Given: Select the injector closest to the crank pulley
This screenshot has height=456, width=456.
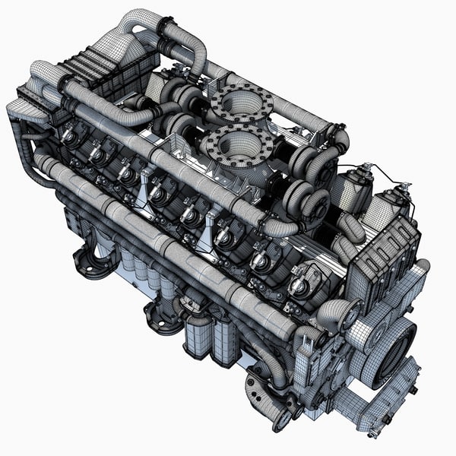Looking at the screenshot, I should (299, 284).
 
